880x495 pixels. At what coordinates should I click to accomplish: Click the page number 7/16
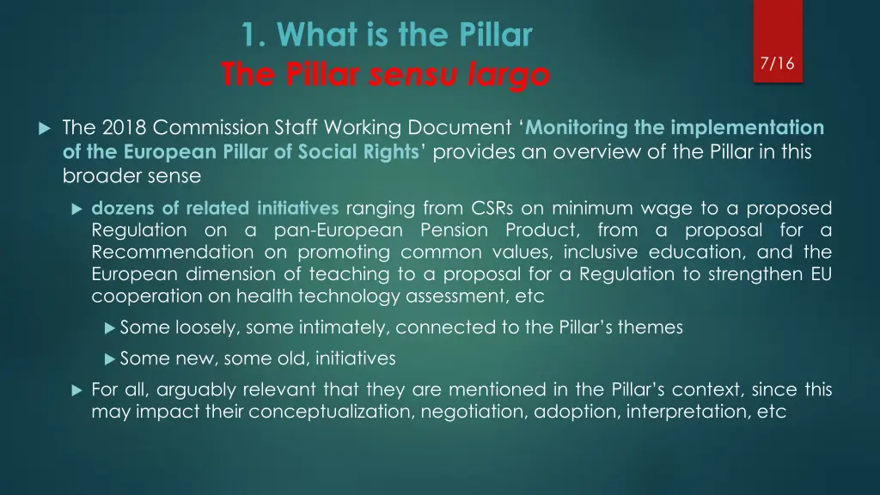tap(777, 64)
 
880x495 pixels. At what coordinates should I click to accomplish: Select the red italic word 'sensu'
tap(408, 76)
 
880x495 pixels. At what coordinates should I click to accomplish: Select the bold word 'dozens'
tap(119, 208)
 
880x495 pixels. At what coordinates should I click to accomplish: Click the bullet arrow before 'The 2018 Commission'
tap(45, 129)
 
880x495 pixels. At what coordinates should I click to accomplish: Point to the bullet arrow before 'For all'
tap(76, 390)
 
